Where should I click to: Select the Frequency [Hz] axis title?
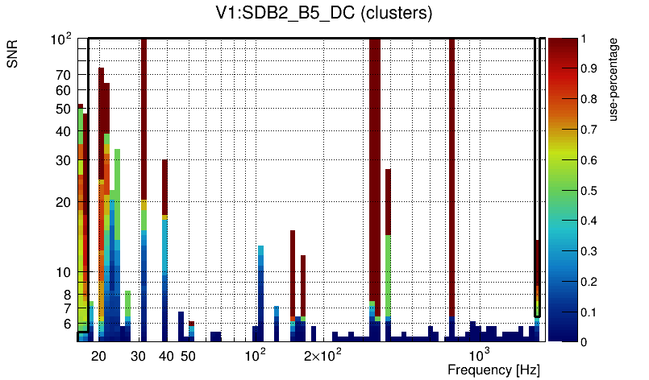493,370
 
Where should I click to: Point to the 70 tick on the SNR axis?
64,75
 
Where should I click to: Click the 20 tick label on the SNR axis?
64,203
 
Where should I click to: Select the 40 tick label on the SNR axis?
64,132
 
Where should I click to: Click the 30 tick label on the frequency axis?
138,356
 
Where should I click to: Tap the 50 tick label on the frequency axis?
187,356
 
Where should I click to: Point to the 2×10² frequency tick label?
322,356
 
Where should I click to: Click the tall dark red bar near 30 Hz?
144,121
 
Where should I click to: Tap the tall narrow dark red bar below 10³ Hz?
451,177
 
